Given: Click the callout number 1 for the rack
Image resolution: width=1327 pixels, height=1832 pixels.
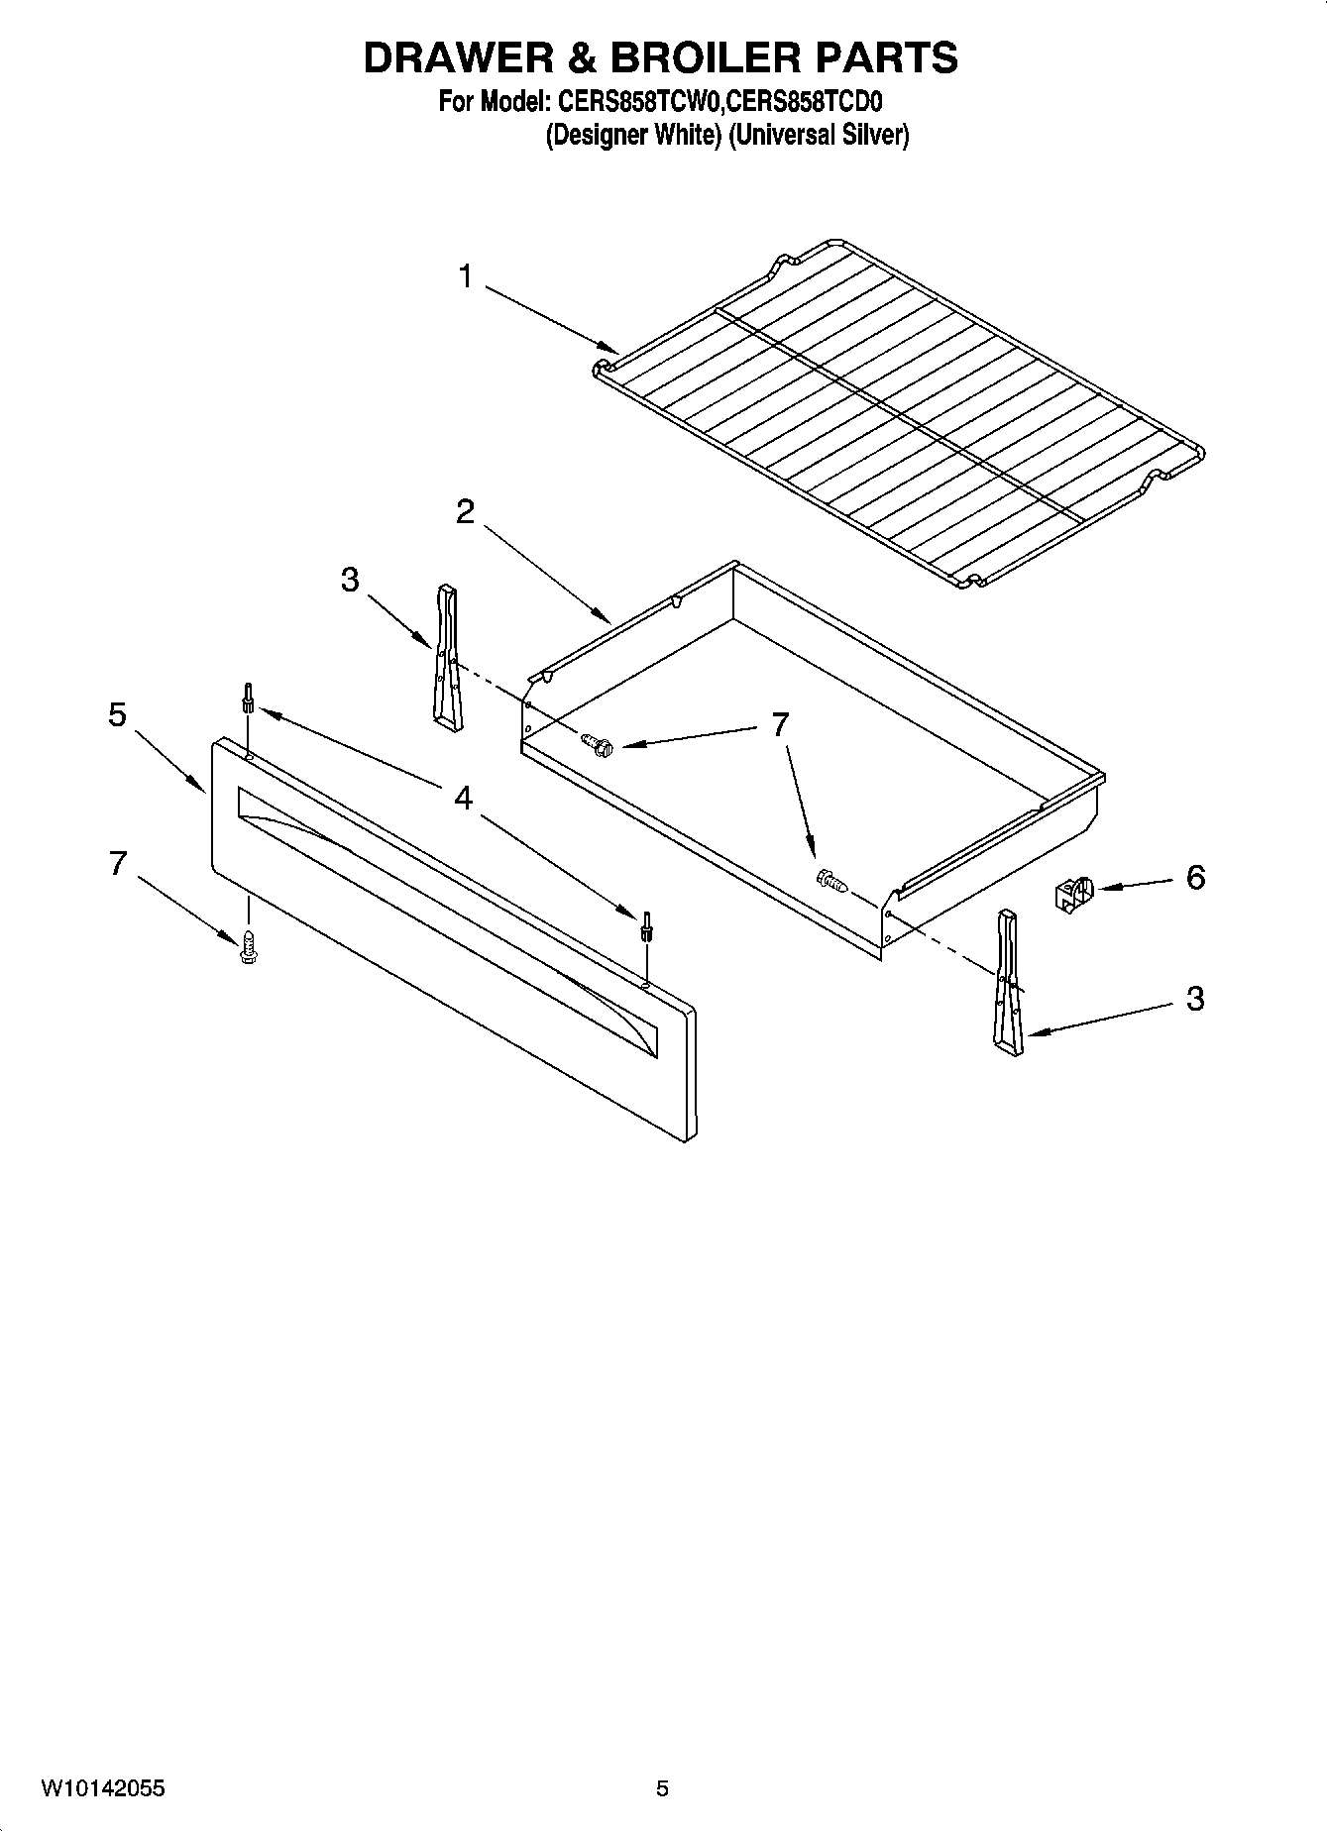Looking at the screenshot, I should click(466, 277).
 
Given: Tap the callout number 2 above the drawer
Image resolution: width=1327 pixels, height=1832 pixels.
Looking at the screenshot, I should click(465, 512).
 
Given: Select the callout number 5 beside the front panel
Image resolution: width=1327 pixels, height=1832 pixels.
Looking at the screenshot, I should click(117, 714).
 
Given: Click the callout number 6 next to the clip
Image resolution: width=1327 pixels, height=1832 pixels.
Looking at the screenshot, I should click(1195, 877).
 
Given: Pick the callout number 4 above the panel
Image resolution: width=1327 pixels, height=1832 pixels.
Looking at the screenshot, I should click(463, 799).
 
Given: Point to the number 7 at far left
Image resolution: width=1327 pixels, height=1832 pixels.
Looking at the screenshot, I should click(117, 864).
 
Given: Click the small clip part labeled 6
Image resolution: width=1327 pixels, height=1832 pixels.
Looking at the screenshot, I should click(1070, 893).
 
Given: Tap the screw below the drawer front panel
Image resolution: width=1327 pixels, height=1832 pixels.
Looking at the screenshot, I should click(248, 945).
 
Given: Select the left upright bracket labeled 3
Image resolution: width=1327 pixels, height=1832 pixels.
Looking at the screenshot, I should click(447, 658).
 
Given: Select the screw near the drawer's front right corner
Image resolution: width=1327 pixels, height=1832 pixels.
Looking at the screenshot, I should click(830, 879).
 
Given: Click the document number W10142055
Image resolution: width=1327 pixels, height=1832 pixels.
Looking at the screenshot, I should click(103, 1788).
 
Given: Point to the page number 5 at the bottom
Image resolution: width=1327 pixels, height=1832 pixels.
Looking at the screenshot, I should click(662, 1788).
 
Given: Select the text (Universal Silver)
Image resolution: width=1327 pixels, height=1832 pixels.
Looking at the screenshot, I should click(818, 135).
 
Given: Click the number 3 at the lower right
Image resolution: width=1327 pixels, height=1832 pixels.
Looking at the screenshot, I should click(1195, 999).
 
